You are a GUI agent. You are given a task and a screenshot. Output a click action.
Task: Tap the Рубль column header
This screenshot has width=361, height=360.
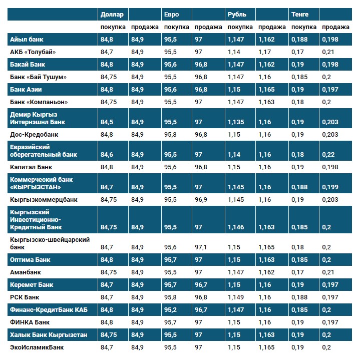236,15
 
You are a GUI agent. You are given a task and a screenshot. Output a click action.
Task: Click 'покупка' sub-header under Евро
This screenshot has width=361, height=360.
176,27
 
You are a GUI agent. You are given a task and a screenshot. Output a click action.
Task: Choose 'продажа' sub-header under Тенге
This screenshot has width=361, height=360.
335,27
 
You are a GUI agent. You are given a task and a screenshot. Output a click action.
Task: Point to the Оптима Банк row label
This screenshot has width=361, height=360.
30,260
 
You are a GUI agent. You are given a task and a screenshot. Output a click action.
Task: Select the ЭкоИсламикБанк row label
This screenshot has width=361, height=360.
37,347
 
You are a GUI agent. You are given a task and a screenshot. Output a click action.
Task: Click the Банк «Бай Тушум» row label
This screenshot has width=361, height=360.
38,77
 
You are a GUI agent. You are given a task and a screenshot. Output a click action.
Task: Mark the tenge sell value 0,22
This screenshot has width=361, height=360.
328,155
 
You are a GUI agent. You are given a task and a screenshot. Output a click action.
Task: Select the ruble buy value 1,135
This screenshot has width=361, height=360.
236,122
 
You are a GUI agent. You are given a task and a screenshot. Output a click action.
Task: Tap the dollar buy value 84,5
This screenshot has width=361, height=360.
107,122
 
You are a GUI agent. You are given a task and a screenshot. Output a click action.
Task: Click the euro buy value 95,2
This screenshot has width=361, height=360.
171,310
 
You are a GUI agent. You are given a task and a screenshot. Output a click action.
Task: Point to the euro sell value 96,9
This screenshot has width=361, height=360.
201,200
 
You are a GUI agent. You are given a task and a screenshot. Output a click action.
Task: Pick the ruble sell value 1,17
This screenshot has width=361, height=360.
265,52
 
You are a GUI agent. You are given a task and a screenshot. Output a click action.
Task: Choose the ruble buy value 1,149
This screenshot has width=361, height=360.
236,297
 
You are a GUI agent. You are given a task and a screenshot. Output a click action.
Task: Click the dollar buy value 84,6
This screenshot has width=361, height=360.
107,155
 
